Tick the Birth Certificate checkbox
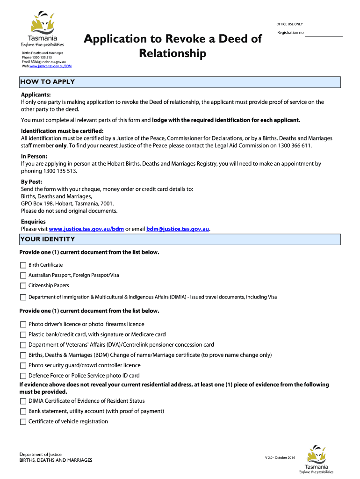[23, 265]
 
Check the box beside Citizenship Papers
[23, 286]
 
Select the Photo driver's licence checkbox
[23, 324]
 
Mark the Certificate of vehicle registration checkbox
[23, 421]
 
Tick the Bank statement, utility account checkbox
[23, 411]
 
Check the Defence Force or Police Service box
[23, 376]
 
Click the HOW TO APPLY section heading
[47, 82]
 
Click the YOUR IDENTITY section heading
[47, 239]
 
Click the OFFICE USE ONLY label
[290, 24]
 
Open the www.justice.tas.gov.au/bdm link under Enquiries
[86, 229]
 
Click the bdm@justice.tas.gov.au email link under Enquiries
[178, 229]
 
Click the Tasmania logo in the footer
[316, 459]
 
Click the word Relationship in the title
[173, 54]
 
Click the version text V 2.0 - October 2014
[280, 457]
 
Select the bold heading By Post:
[31, 181]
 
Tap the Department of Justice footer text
[40, 454]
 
